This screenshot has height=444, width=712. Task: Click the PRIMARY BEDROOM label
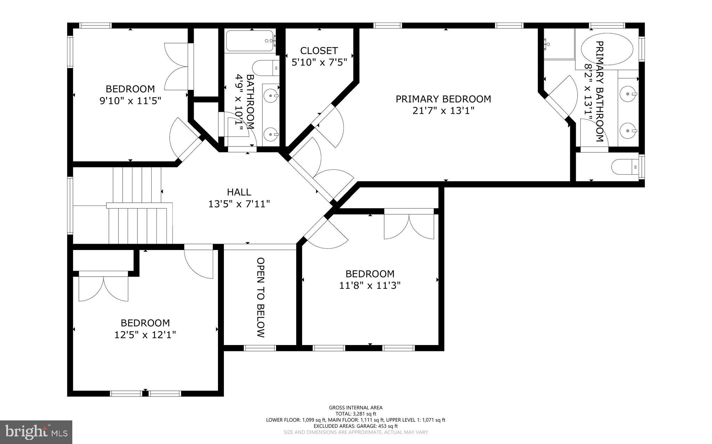tap(443, 99)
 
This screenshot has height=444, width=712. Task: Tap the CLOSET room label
tap(319, 51)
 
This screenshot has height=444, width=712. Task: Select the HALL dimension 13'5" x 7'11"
tap(239, 204)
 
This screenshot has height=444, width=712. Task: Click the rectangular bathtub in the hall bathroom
tap(250, 41)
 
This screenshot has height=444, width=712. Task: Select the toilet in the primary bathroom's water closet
tap(624, 167)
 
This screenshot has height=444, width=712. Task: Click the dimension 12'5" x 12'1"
tap(145, 335)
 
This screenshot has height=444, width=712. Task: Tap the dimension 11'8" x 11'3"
tap(370, 286)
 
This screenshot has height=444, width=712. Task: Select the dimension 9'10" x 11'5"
tap(130, 101)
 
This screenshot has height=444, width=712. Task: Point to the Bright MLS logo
tap(36, 432)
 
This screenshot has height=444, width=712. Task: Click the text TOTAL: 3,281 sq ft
tap(356, 414)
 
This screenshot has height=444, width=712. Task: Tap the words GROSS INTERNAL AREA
tap(356, 408)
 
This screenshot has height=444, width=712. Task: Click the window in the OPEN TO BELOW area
tap(260, 348)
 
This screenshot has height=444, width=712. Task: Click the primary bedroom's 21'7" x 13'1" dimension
tap(443, 111)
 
